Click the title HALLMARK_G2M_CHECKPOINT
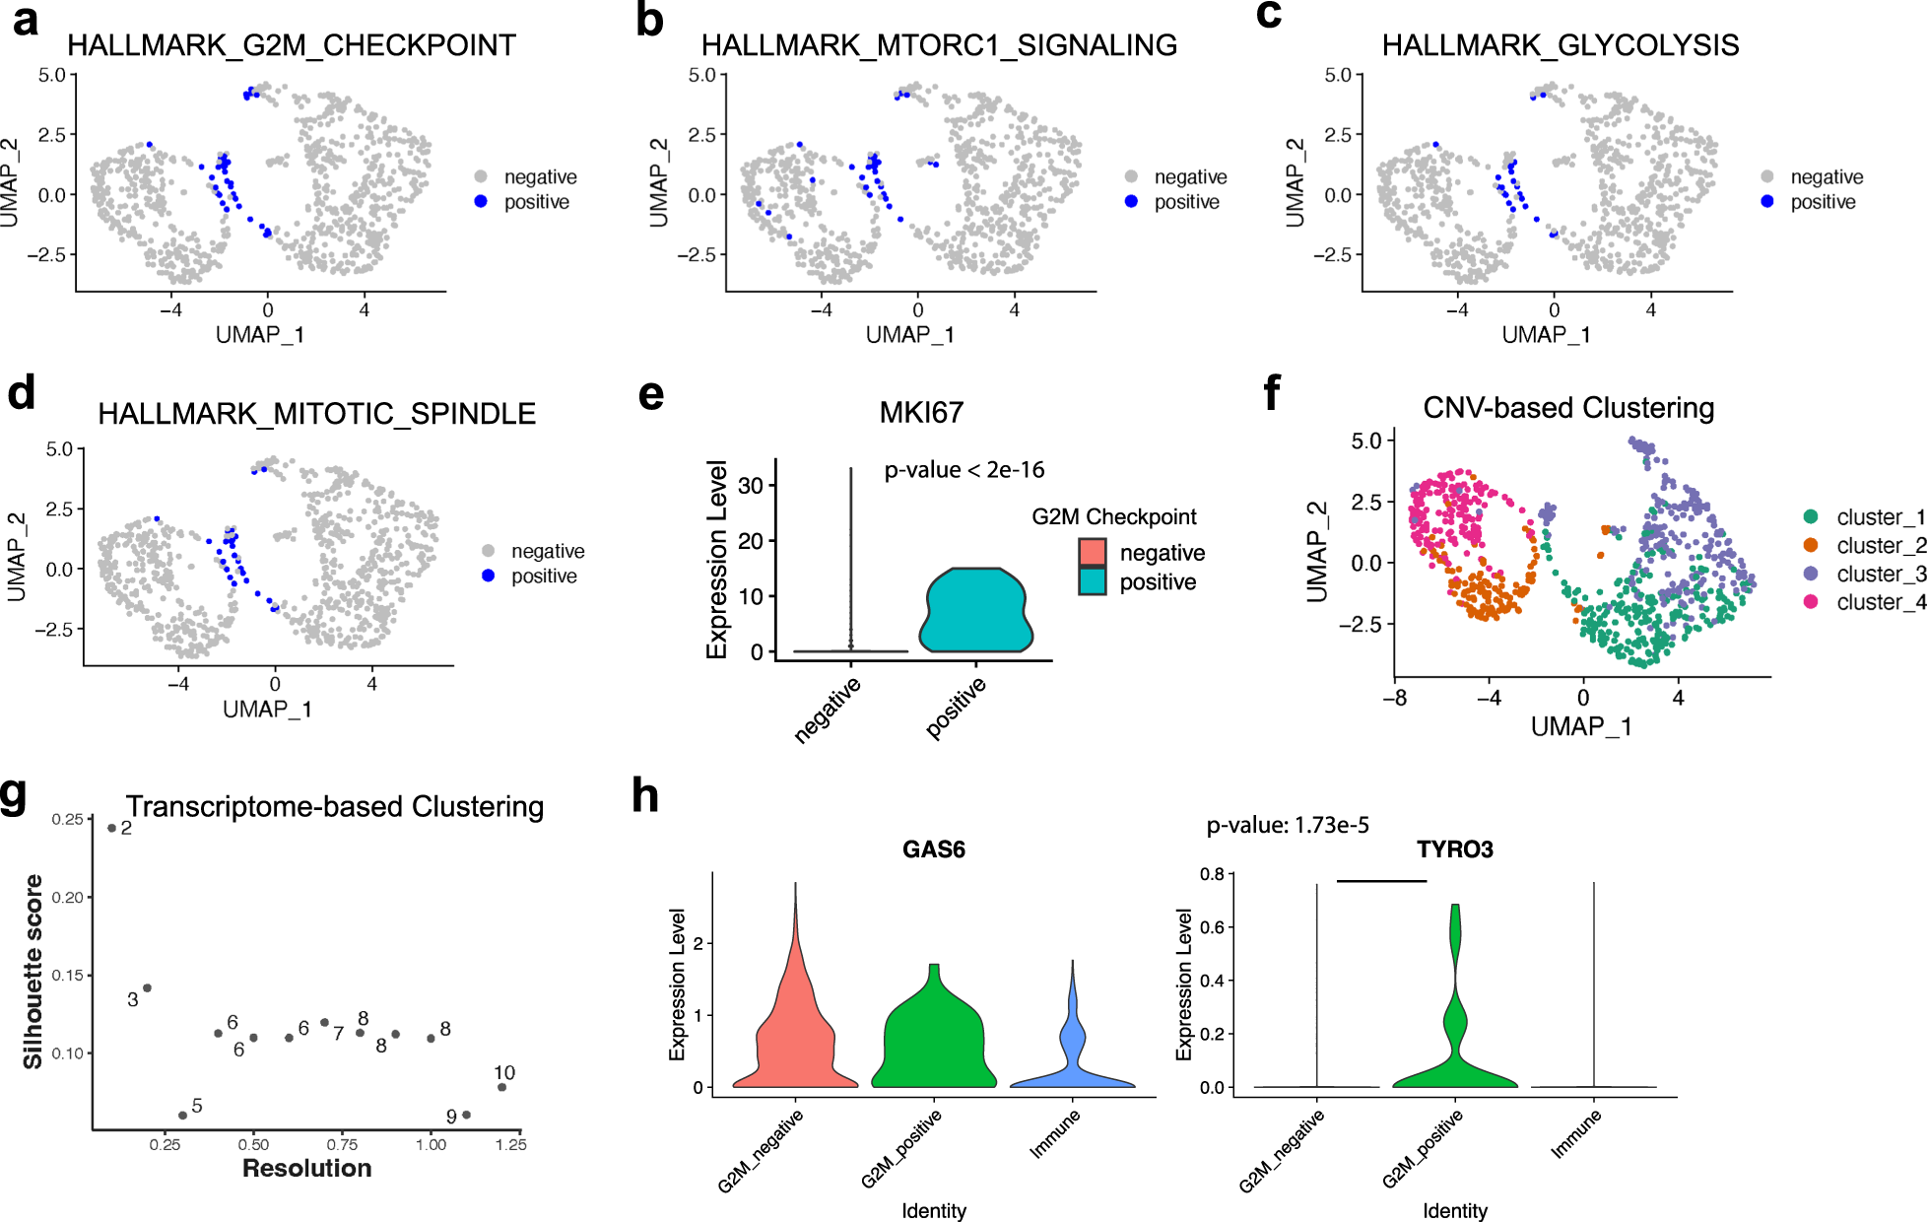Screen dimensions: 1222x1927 click(291, 45)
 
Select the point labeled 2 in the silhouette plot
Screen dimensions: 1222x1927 click(111, 828)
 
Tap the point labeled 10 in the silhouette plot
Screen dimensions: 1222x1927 click(501, 1087)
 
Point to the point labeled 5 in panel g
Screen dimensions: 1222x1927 click(182, 1116)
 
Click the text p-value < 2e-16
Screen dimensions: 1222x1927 click(963, 470)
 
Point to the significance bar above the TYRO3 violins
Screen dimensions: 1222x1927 click(1381, 881)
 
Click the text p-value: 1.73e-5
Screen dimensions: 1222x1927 click(1287, 825)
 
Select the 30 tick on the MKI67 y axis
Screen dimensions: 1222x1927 click(751, 485)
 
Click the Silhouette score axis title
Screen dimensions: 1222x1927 click(33, 971)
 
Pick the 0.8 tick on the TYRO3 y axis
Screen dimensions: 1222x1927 click(1212, 874)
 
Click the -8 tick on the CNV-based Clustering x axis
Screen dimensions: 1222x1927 click(1394, 698)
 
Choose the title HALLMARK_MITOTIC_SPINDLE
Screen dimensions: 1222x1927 click(316, 414)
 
